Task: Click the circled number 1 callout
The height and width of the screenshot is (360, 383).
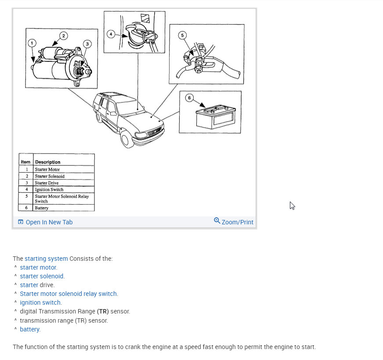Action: point(32,43)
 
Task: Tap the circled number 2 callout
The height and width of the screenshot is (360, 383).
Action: point(64,36)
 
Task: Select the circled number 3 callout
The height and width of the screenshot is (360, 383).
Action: point(87,43)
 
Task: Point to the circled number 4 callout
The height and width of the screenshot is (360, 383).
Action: point(112,34)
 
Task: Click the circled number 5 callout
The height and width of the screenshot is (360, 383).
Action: point(183,36)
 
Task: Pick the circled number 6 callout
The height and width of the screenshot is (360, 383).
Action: point(190,98)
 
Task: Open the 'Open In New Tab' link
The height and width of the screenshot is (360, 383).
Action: point(45,222)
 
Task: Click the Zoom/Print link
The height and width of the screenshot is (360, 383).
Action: point(234,222)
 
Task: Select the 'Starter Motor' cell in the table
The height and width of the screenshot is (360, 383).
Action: point(47,169)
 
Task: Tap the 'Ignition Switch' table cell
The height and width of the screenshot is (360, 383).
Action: point(49,190)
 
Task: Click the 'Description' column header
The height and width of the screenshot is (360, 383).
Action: point(47,162)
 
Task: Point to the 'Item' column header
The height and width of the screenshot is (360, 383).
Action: point(26,162)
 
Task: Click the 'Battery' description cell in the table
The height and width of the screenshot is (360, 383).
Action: point(42,208)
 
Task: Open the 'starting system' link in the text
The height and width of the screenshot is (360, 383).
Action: point(46,259)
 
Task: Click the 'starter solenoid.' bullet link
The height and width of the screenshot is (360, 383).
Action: point(42,276)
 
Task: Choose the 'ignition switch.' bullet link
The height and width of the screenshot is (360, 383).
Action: point(41,302)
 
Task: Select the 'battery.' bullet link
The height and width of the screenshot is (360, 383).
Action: point(30,329)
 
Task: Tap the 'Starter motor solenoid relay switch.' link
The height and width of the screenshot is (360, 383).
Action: point(69,294)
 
